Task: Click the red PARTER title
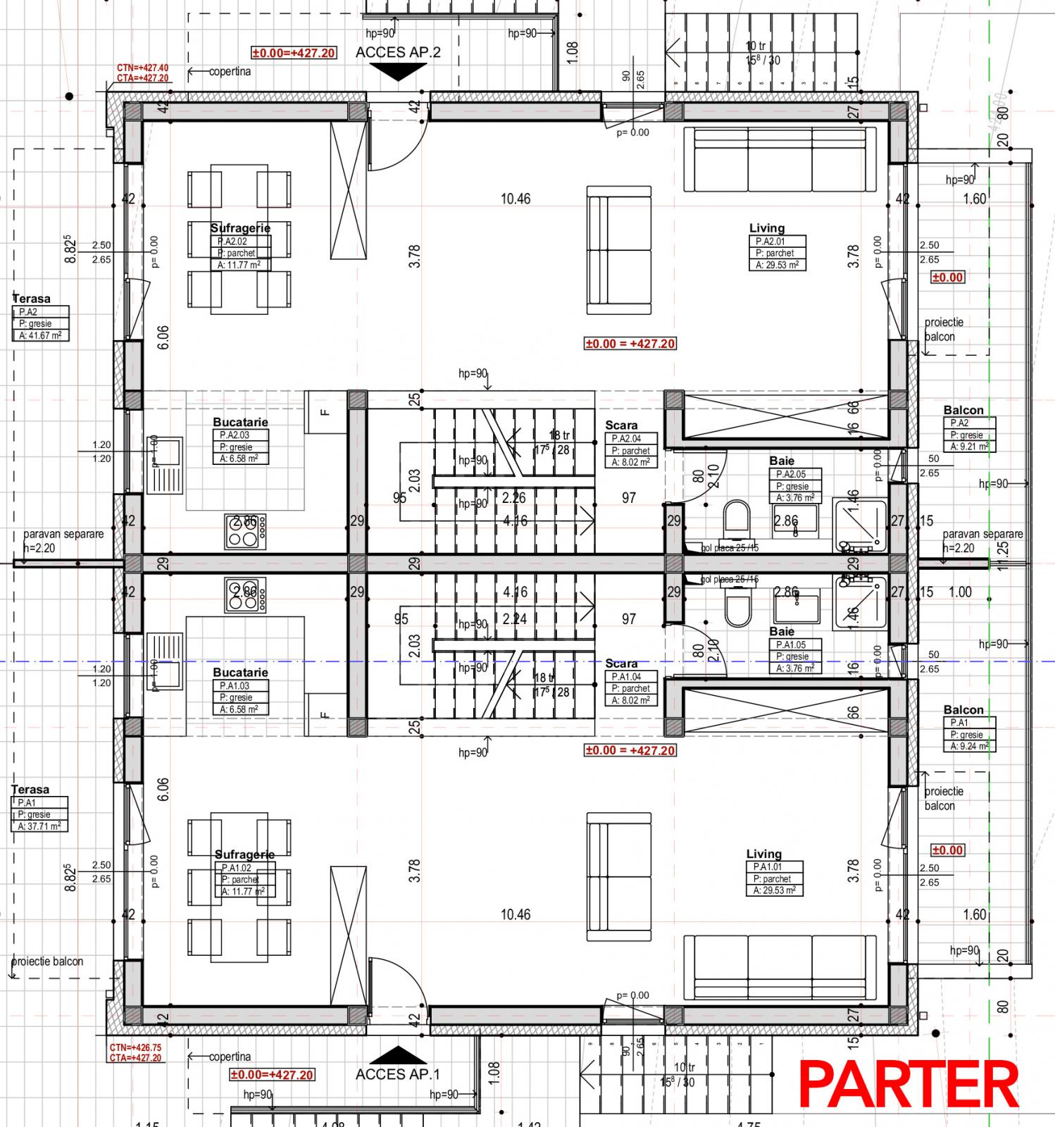coord(909,1085)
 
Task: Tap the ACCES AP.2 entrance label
coord(398,52)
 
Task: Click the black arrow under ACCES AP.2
coord(398,71)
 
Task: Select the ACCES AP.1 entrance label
coord(398,1074)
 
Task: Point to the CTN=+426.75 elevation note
coord(135,1047)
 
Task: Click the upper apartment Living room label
coord(767,228)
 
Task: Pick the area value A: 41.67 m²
coord(41,336)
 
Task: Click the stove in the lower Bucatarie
coord(246,595)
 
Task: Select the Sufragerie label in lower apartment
coord(244,854)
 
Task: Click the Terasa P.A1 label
coord(31,790)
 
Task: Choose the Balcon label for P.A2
coord(963,410)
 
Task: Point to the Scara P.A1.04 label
coord(621,664)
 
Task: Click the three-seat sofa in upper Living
coord(780,159)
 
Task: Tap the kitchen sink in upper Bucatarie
coord(165,465)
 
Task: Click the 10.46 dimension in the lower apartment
coord(516,914)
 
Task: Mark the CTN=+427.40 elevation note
coord(143,68)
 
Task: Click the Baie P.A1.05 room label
coord(782,632)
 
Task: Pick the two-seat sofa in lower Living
coord(619,876)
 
